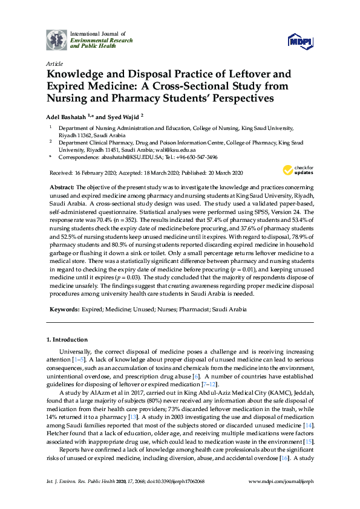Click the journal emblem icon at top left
tap(56, 40)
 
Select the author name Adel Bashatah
tap(68, 115)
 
